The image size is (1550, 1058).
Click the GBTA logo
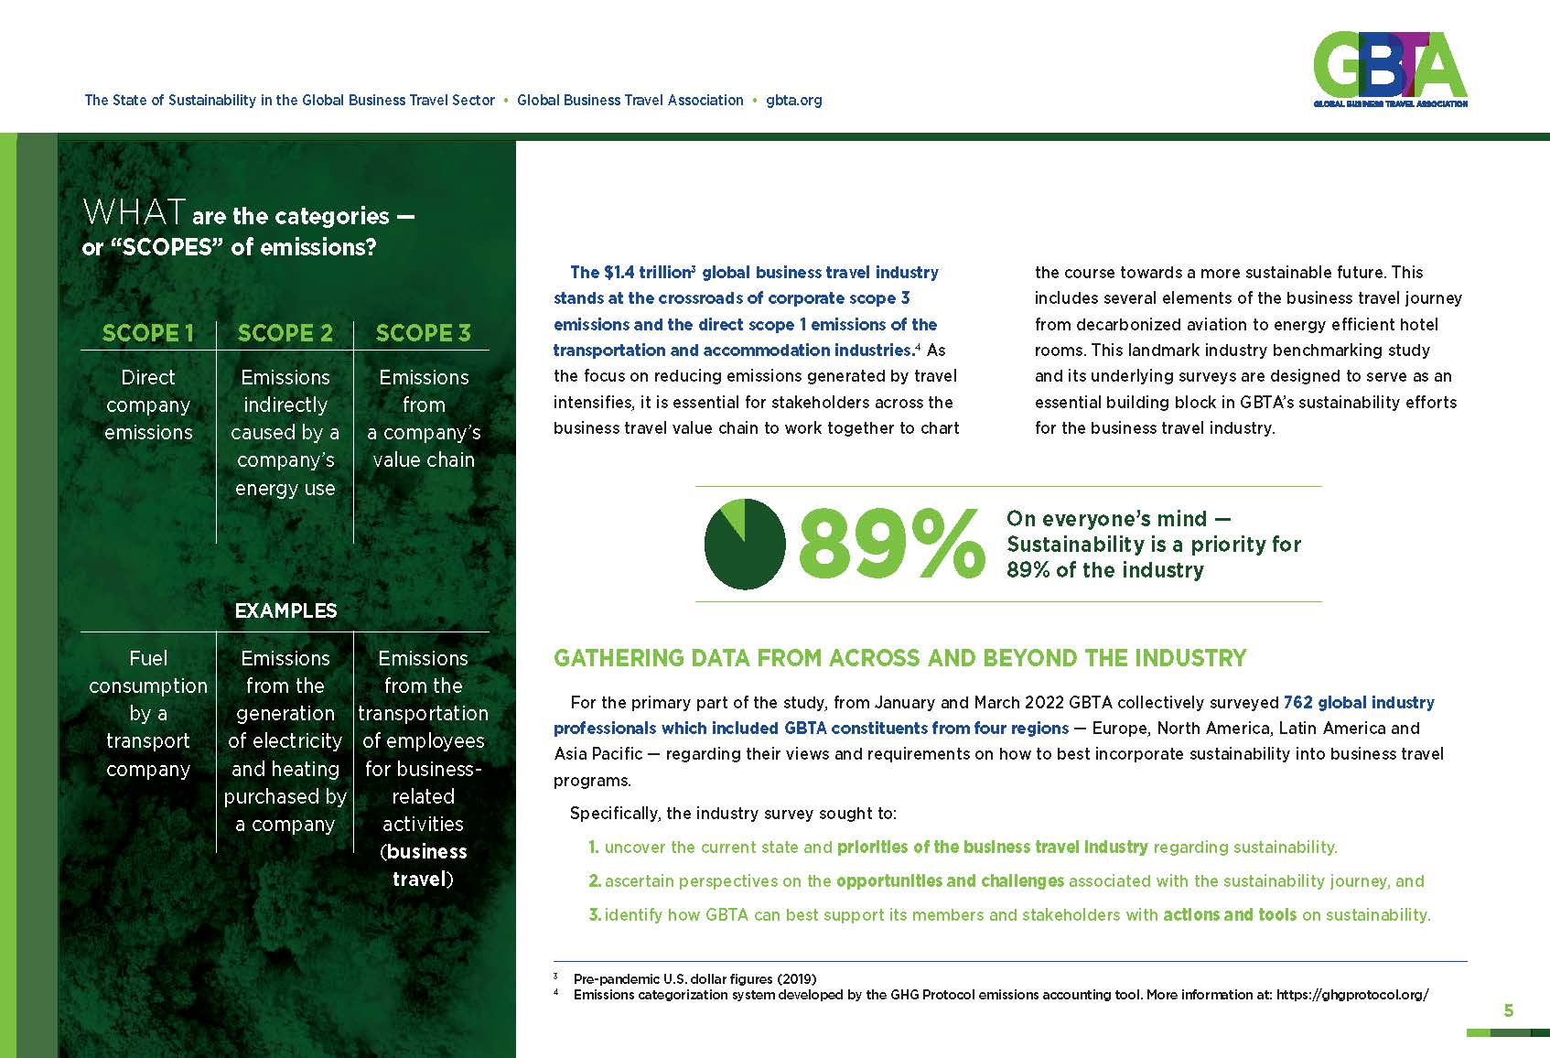1389,69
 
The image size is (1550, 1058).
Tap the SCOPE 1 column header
148,333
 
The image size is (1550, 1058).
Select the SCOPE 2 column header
285,333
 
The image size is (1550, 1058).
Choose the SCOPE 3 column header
423,333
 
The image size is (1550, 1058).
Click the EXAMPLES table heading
285,610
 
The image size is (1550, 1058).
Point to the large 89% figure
889,545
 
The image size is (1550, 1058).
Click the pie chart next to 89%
744,545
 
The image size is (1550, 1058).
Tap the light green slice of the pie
734,515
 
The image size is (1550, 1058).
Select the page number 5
1509,1010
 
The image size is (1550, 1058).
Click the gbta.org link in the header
793,101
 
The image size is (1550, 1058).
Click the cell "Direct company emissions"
148,405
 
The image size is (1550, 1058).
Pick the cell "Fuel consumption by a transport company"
148,713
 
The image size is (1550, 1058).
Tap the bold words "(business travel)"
423,865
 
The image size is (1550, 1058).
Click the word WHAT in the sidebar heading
134,213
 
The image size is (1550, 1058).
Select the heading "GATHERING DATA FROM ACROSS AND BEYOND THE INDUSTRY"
899,658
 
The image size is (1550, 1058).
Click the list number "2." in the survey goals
595,881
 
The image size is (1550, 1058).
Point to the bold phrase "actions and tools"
1229,914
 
